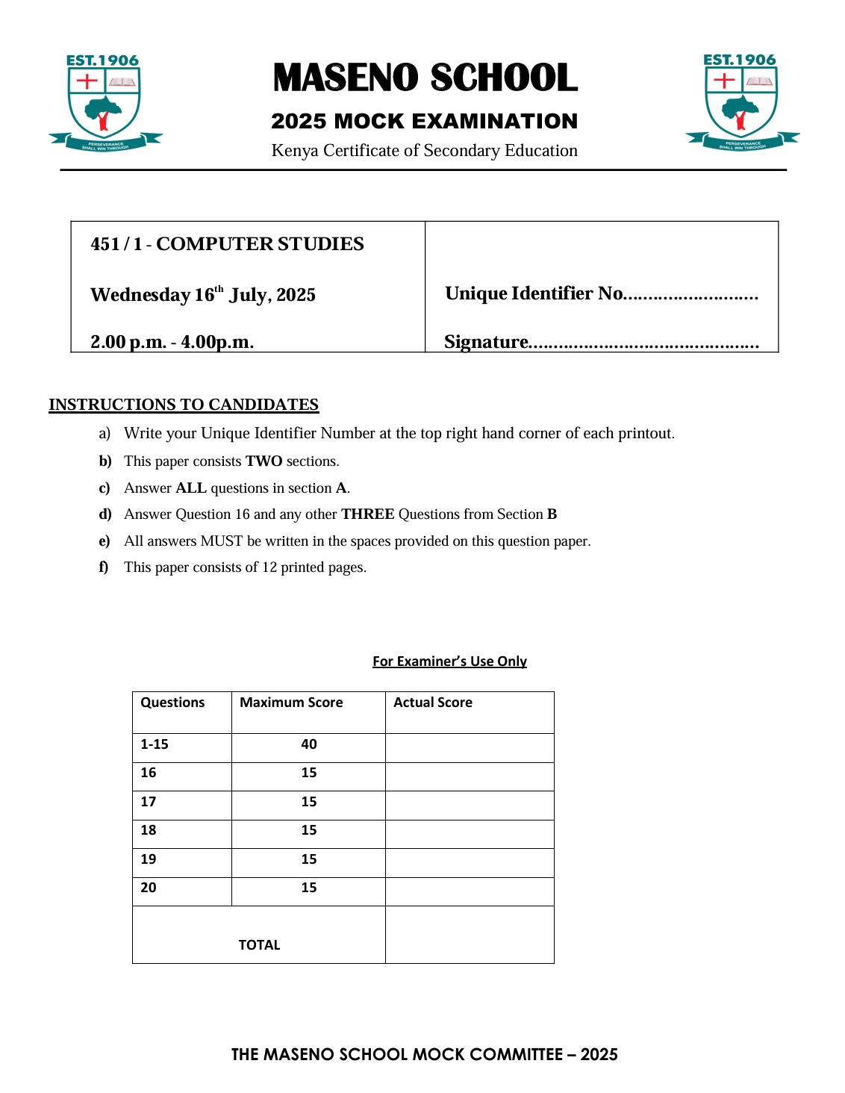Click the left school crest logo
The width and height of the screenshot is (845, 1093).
[x=105, y=102]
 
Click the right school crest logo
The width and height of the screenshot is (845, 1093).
[x=742, y=102]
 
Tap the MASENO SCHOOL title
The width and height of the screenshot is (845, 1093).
[x=425, y=78]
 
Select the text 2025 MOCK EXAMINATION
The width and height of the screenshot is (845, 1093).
[x=424, y=121]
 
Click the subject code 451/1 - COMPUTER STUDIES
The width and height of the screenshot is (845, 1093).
[x=227, y=244]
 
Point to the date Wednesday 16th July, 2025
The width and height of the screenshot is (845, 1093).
[x=203, y=294]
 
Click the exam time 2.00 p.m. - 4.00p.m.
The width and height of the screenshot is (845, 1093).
[x=172, y=342]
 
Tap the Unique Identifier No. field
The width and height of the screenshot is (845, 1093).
[x=601, y=293]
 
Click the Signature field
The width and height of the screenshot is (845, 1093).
[x=601, y=342]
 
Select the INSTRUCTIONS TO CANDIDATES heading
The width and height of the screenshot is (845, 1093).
[x=184, y=405]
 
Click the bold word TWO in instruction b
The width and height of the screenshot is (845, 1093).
[x=264, y=461]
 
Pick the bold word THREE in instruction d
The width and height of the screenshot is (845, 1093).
[x=367, y=514]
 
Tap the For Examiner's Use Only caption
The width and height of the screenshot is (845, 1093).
[x=449, y=661]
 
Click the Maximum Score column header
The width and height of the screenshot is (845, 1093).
[x=291, y=703]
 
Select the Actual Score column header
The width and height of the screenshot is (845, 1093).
[x=433, y=703]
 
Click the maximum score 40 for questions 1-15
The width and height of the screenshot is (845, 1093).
[x=309, y=744]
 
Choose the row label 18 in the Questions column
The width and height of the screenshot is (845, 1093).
[x=149, y=830]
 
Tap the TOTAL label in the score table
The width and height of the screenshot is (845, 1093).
[x=259, y=945]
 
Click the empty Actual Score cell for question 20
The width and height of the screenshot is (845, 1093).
[x=470, y=891]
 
